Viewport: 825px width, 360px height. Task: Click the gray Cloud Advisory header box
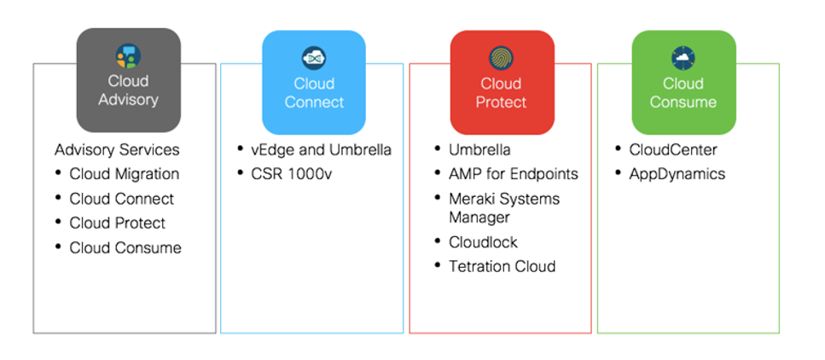(x=128, y=80)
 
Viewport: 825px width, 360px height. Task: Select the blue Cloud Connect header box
(x=314, y=82)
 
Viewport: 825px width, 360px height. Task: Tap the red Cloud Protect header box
(x=501, y=82)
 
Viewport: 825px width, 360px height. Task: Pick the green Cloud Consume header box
(x=683, y=82)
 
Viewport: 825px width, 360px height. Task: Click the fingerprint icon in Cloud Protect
(x=501, y=57)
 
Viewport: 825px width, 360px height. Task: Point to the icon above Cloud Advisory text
(x=128, y=56)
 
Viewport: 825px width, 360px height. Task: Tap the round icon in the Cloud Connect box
(x=314, y=57)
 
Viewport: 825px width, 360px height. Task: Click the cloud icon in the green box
(x=683, y=57)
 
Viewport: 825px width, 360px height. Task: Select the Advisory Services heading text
(x=117, y=150)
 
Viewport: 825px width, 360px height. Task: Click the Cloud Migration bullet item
(x=125, y=174)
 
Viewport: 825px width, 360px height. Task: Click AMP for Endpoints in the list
(x=514, y=174)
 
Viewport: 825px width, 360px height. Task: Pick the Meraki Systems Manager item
(x=504, y=208)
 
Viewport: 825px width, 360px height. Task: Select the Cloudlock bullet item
(x=483, y=242)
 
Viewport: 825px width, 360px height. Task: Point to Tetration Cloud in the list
(x=502, y=266)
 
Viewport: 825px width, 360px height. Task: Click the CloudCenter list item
(x=673, y=150)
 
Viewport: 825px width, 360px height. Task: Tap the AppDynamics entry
(x=677, y=174)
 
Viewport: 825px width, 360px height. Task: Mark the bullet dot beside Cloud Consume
(x=57, y=248)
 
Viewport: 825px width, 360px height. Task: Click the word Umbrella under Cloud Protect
(x=479, y=150)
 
